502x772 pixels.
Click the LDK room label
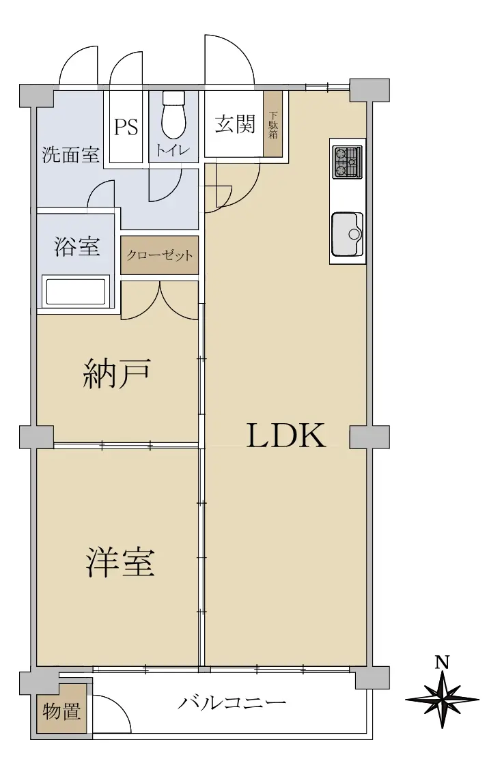pyautogui.click(x=285, y=435)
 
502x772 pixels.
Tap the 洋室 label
pyautogui.click(x=120, y=562)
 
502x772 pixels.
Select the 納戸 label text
pyautogui.click(x=116, y=374)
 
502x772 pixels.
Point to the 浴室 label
pyautogui.click(x=77, y=246)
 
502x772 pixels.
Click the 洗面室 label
pyautogui.click(x=70, y=155)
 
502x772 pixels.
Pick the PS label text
pyautogui.click(x=126, y=127)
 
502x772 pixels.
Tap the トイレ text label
pyautogui.click(x=173, y=150)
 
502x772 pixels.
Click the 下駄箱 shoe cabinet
pyautogui.click(x=273, y=124)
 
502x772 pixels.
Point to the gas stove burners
pyautogui.click(x=348, y=162)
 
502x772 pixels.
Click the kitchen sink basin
pyautogui.click(x=348, y=234)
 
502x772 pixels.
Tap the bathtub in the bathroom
pyautogui.click(x=76, y=291)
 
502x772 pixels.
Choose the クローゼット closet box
pyautogui.click(x=160, y=255)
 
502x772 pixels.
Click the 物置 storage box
pyautogui.click(x=61, y=711)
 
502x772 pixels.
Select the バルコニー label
pyautogui.click(x=232, y=702)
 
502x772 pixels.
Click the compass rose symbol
pyautogui.click(x=442, y=699)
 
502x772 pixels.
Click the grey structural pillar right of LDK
pyautogui.click(x=369, y=437)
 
